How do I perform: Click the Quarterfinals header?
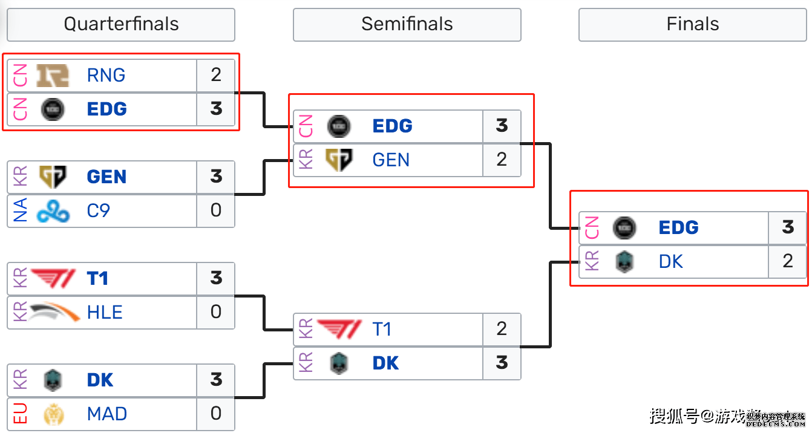(x=121, y=24)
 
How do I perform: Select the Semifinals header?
(x=407, y=24)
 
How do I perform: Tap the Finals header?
(x=692, y=24)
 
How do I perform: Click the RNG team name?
(x=106, y=76)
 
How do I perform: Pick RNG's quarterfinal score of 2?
(x=216, y=76)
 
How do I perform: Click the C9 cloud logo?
(x=53, y=211)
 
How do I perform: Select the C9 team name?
(x=98, y=211)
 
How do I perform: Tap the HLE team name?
(x=105, y=313)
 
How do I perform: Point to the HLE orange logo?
(x=54, y=313)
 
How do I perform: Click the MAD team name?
(x=107, y=414)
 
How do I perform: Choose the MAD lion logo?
(x=53, y=414)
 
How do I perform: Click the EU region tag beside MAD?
(x=20, y=414)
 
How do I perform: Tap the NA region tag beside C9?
(x=20, y=211)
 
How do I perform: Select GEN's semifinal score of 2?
(x=502, y=160)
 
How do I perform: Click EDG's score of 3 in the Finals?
(x=787, y=228)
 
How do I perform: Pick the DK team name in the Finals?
(x=670, y=262)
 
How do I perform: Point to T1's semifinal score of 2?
(x=502, y=330)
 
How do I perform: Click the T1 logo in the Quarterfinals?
(x=53, y=279)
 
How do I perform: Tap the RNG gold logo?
(x=53, y=76)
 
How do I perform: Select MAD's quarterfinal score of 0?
(x=216, y=414)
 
